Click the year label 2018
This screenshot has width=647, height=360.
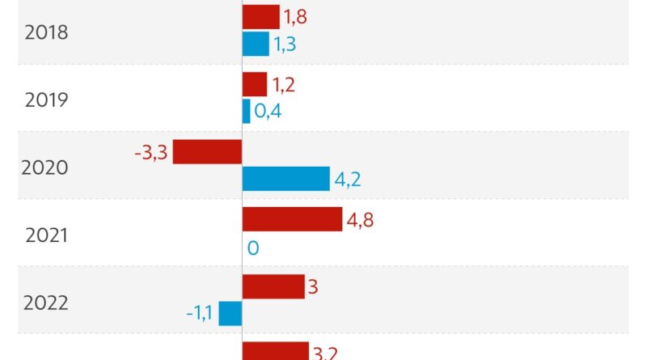tap(47, 33)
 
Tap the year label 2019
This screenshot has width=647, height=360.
tap(47, 100)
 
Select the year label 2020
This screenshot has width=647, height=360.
tap(45, 168)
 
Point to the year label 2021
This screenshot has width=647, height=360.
tap(47, 235)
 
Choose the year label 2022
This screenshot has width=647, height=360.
tap(46, 303)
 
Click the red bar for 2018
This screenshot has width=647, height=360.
tap(261, 17)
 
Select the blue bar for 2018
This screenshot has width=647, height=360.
tap(256, 44)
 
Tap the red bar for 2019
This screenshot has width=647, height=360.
tap(255, 84)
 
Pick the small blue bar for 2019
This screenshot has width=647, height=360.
tap(247, 111)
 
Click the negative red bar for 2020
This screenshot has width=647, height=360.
tap(208, 151)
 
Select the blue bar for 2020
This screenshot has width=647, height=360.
tap(286, 178)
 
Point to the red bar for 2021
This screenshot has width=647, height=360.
tap(293, 219)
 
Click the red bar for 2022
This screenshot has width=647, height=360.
tap(273, 286)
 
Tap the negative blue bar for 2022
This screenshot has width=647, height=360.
tap(230, 313)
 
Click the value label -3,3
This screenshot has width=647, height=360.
tap(151, 152)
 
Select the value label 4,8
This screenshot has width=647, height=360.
tap(360, 219)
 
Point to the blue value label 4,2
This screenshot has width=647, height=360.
tap(348, 179)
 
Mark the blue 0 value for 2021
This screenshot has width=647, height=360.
tap(253, 247)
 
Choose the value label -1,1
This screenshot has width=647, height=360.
tap(199, 314)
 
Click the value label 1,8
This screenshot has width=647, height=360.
tap(295, 17)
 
